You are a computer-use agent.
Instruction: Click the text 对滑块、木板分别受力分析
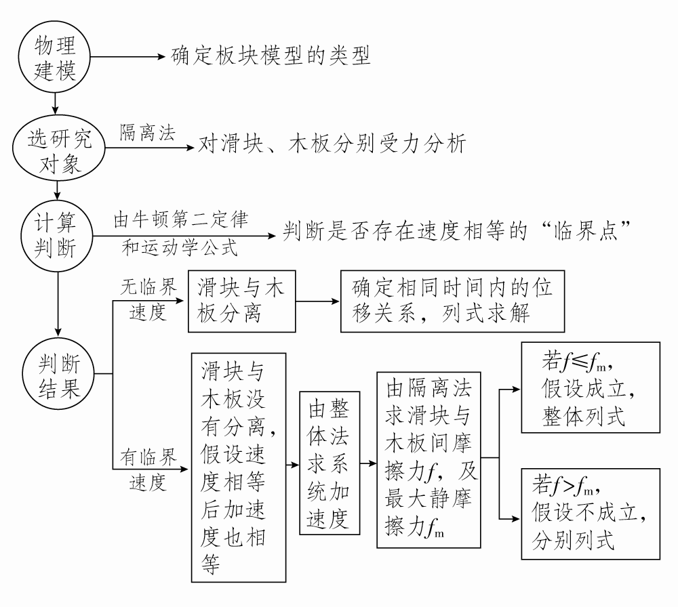point(332,145)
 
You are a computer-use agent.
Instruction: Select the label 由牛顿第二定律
point(181,221)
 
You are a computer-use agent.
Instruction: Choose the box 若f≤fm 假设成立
point(590,388)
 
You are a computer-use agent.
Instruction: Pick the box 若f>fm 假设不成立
point(590,514)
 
